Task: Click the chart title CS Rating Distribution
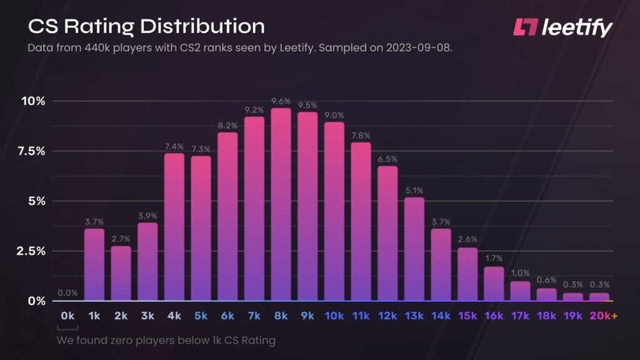click(x=146, y=26)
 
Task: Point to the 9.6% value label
click(x=281, y=101)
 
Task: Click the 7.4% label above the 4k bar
click(x=174, y=146)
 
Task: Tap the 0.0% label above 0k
click(x=67, y=292)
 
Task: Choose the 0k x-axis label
click(x=67, y=316)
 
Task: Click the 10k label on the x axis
click(x=334, y=316)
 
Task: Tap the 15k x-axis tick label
click(x=467, y=316)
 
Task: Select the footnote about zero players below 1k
click(x=166, y=341)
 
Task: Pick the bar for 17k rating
click(x=520, y=291)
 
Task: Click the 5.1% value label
click(x=414, y=190)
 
